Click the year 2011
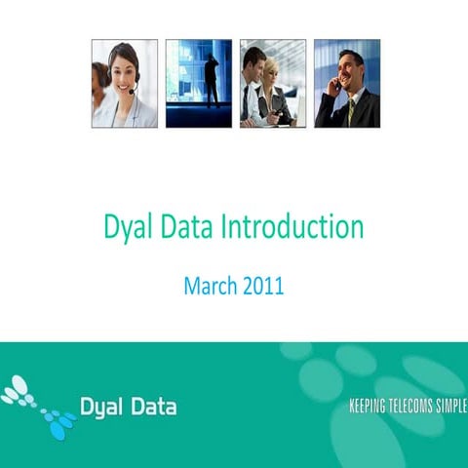(263, 287)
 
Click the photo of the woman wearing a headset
(125, 84)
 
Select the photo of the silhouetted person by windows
(199, 84)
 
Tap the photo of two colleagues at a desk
(273, 84)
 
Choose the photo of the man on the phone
(347, 84)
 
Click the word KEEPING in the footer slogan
(370, 407)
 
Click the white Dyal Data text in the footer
(128, 406)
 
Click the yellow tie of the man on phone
(350, 110)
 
